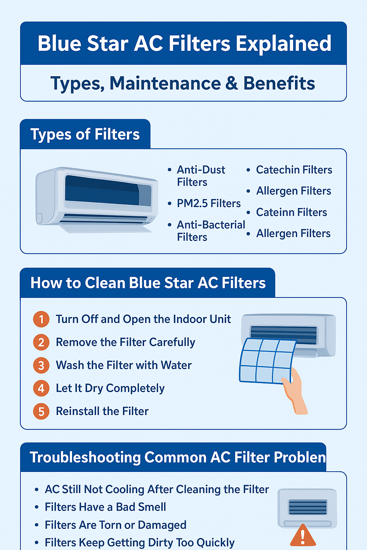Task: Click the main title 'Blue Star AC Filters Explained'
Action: (184, 44)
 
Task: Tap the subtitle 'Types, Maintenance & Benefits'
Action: (183, 83)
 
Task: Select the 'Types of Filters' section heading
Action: (85, 134)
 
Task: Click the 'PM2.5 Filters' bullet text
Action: (209, 203)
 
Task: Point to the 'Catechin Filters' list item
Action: (294, 170)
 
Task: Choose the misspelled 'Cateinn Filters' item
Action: (291, 212)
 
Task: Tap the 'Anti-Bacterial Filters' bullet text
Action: (211, 231)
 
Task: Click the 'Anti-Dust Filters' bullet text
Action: (201, 175)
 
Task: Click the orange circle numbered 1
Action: (41, 319)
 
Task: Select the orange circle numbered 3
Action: (41, 365)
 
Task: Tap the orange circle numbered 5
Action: (41, 411)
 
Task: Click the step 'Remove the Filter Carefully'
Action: (125, 342)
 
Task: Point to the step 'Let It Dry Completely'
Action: (110, 388)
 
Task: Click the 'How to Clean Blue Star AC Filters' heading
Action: (148, 283)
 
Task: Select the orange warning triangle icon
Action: (303, 536)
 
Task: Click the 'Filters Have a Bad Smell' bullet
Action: (105, 507)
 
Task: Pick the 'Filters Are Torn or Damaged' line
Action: (115, 525)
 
